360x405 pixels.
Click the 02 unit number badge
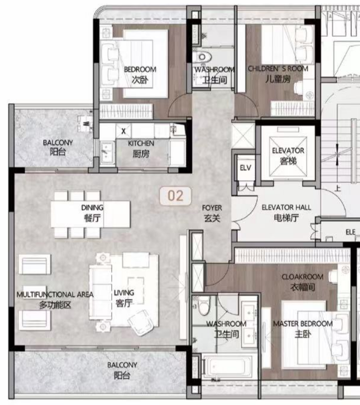pyautogui.click(x=176, y=196)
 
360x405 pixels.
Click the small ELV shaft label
pyautogui.click(x=245, y=168)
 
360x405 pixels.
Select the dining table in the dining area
pyautogui.click(x=91, y=214)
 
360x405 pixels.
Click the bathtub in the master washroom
pyautogui.click(x=227, y=366)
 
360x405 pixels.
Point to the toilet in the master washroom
pyautogui.click(x=204, y=305)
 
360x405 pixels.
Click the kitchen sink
pyautogui.click(x=107, y=152)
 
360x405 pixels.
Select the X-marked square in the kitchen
pyautogui.click(x=123, y=131)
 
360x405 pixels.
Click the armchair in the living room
pyautogui.click(x=139, y=322)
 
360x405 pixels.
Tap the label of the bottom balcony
pyautogui.click(x=122, y=371)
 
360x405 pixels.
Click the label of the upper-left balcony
pyautogui.click(x=58, y=147)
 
